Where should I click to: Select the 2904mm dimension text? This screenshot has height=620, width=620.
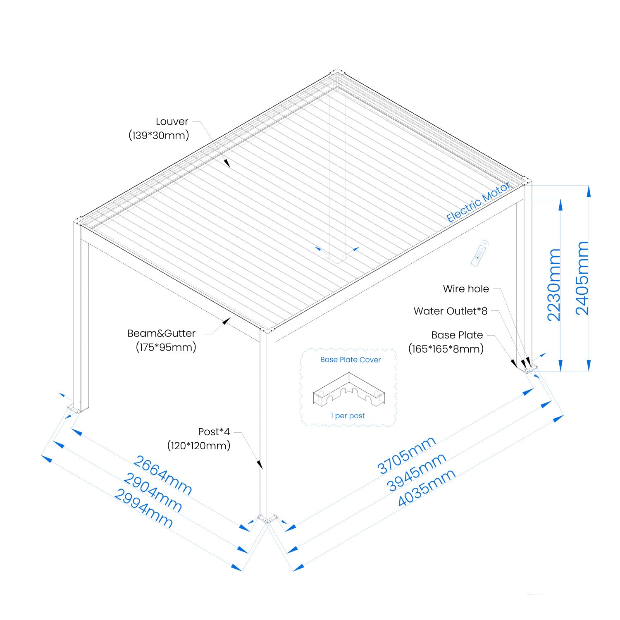[x=153, y=493]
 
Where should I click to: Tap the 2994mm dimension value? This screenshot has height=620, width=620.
[x=143, y=508]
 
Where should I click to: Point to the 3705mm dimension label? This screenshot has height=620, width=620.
[x=407, y=455]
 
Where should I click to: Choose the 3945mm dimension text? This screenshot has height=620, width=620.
[x=417, y=472]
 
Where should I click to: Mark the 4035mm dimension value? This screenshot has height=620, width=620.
[x=427, y=488]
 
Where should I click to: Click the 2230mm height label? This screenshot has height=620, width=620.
[x=554, y=285]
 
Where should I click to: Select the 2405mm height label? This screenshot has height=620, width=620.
[x=582, y=278]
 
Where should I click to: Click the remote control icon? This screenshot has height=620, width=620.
[x=479, y=254]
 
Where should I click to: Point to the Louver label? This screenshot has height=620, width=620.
[x=172, y=122]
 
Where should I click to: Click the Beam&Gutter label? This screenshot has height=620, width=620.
[x=161, y=333]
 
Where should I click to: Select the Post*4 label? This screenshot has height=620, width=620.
[x=214, y=432]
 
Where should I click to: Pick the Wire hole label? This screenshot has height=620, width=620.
[x=466, y=289]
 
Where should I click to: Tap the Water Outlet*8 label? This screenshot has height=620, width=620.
[x=451, y=311]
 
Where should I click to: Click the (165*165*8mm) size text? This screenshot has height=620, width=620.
[x=446, y=349]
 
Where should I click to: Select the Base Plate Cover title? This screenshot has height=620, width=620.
[x=350, y=360]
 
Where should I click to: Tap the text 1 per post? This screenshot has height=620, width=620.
[x=348, y=416]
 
